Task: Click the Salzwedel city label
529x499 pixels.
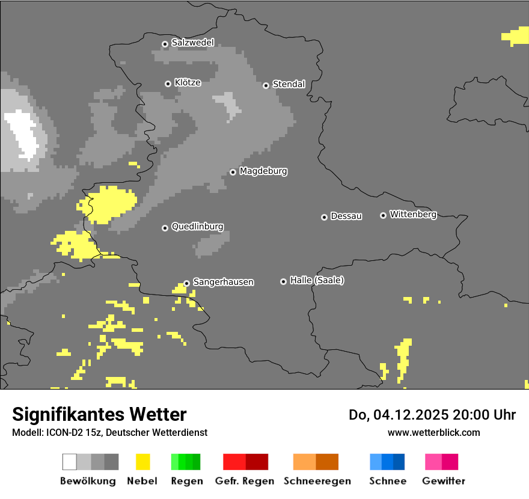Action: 192,43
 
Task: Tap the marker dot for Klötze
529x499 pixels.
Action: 168,84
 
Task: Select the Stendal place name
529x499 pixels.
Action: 289,84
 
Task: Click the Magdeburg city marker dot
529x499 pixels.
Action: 233,172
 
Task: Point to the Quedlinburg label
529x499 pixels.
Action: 197,227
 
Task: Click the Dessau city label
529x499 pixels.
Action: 346,216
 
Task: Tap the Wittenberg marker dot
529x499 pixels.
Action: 383,215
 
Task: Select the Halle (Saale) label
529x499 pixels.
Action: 317,280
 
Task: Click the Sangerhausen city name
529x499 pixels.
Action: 223,282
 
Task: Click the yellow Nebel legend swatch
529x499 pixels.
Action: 142,462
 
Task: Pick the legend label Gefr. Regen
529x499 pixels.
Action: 245,481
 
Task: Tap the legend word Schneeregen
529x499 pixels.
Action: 317,481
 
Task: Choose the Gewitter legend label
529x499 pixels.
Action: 444,481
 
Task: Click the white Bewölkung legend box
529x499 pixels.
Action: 70,462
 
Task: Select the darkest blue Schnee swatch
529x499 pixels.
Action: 399,462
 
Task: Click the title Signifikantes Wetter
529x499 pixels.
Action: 99,414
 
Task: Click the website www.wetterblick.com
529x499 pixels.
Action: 433,432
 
